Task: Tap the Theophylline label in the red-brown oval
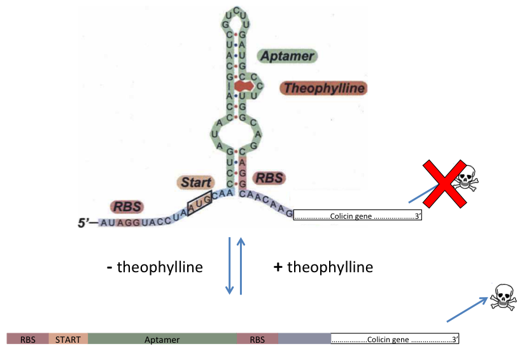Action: point(324,88)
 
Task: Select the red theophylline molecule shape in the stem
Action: point(242,85)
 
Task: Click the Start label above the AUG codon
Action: point(195,183)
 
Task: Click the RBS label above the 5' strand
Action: point(127,206)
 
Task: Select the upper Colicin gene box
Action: point(358,216)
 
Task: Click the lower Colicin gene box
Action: point(395,338)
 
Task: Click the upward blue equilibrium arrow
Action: point(241,265)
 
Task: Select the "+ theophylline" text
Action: point(323,267)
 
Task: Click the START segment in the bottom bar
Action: point(68,339)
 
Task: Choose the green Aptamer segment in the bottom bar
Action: point(162,339)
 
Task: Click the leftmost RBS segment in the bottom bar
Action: point(28,339)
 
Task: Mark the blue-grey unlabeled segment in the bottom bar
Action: point(304,339)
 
